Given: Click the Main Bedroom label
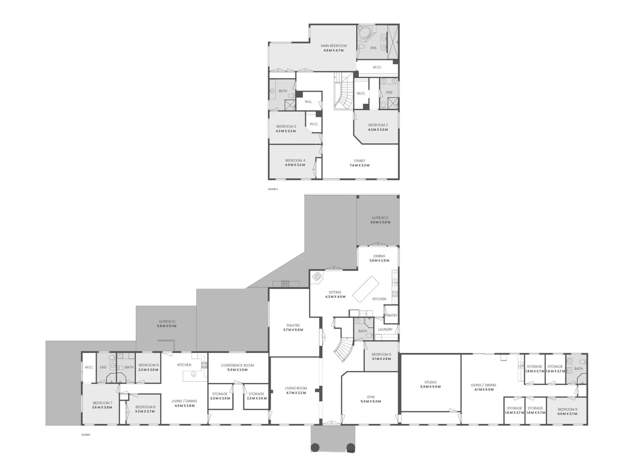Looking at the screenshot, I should pyautogui.click(x=334, y=46).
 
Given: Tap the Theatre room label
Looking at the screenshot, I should pyautogui.click(x=293, y=325).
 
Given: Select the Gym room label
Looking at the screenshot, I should pyautogui.click(x=370, y=397).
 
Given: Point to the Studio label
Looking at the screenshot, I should pyautogui.click(x=430, y=382).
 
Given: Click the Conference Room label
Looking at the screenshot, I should pyautogui.click(x=237, y=365).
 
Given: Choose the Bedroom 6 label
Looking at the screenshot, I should pyautogui.click(x=567, y=409).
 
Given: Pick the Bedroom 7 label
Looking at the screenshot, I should pyautogui.click(x=102, y=403).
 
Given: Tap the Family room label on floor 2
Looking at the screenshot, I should pyautogui.click(x=359, y=161).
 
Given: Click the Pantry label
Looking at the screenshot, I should pyautogui.click(x=391, y=315).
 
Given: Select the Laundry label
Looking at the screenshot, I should pyautogui.click(x=385, y=330).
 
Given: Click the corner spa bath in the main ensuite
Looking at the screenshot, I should pyautogui.click(x=365, y=33).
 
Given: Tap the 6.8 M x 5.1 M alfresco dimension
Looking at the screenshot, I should pyautogui.click(x=166, y=326).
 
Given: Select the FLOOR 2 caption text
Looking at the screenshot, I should pyautogui.click(x=273, y=189).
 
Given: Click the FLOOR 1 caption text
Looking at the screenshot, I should pyautogui.click(x=86, y=435).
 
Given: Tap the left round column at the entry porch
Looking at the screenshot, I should pyautogui.click(x=315, y=447).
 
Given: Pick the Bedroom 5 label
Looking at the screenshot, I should pyautogui.click(x=381, y=354).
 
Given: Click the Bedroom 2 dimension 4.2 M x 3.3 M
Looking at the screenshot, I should pyautogui.click(x=378, y=130).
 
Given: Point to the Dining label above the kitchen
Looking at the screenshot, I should pyautogui.click(x=379, y=256).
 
